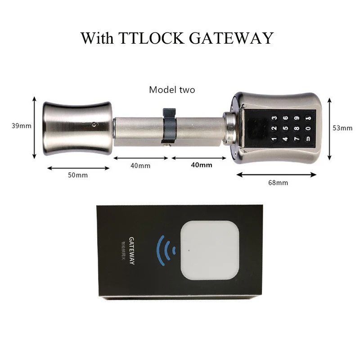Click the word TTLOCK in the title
click(x=152, y=38)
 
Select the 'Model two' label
click(x=172, y=90)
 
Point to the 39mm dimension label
click(x=22, y=126)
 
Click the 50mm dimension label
click(x=77, y=175)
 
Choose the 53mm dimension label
click(x=342, y=128)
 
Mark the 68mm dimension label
click(x=278, y=182)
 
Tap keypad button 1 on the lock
click(x=274, y=139)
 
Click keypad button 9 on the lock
click(x=297, y=119)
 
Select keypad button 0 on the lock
click(x=307, y=129)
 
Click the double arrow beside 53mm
click(x=330, y=128)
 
